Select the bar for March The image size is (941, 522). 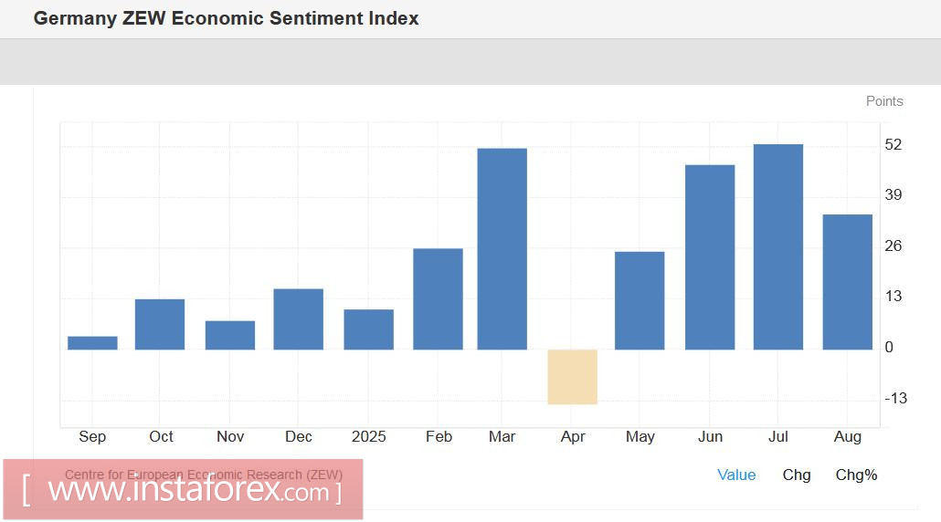coord(502,249)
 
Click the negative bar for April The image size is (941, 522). coord(572,377)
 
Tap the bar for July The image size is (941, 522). coord(777,247)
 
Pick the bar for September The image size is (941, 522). coord(92,343)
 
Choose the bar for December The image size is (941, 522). coord(298,319)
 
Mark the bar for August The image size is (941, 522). coord(847,282)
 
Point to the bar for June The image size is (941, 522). coord(710,257)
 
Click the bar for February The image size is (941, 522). coord(438,299)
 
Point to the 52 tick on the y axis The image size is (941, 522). coord(893,145)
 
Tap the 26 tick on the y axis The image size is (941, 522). coord(893,246)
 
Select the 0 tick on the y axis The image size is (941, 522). coord(889,348)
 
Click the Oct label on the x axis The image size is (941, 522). coord(162,437)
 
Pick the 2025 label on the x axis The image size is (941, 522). coord(368,437)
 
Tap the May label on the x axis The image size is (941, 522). coord(640,437)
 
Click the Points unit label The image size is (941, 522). coord(884,101)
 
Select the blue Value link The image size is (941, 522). coord(736,475)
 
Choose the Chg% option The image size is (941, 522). coord(856,475)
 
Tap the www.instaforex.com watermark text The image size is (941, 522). coord(188,491)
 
